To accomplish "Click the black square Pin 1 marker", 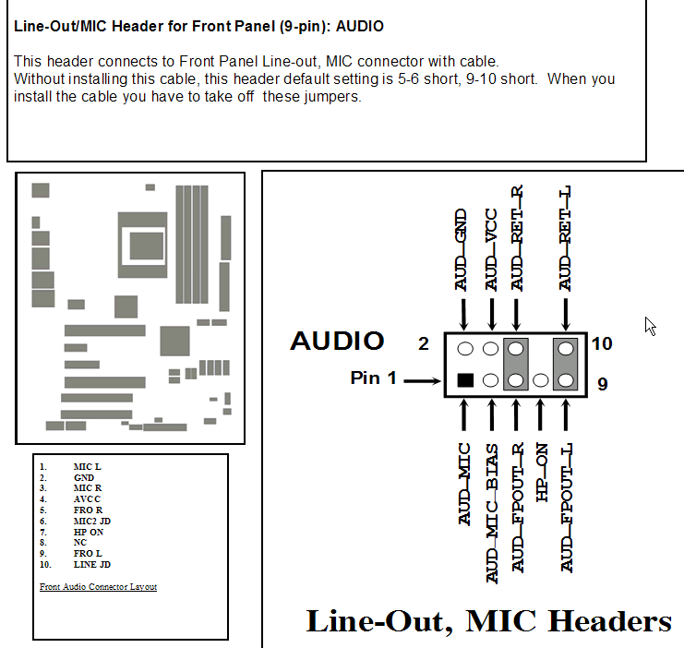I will (x=465, y=380).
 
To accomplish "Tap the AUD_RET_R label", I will (x=517, y=238).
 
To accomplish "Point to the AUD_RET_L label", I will (x=566, y=238).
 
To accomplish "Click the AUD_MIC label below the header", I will (x=463, y=484).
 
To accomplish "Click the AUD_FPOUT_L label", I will (x=566, y=508).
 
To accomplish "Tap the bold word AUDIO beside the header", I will (x=337, y=341).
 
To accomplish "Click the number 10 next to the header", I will (x=602, y=343).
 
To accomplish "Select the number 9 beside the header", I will (x=602, y=383).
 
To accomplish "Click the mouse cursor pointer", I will (x=651, y=326).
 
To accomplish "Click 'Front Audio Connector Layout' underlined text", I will (x=98, y=586).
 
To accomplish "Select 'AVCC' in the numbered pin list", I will (x=87, y=499).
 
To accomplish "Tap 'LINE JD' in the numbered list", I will (x=91, y=564).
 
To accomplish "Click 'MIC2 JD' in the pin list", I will (x=91, y=521).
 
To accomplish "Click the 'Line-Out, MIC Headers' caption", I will (x=488, y=621).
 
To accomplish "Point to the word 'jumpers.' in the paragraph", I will (x=333, y=96).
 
